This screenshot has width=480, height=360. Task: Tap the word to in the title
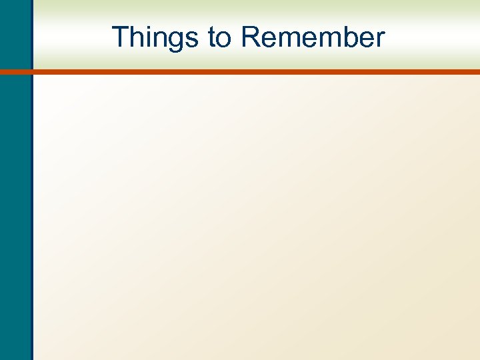tap(219, 37)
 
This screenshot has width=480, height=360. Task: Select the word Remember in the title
tap(313, 37)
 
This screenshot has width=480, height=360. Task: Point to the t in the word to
tap(211, 38)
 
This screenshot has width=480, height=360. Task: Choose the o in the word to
tap(223, 40)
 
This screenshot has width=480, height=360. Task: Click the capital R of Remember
tap(251, 37)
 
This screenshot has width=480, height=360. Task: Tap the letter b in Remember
tap(346, 37)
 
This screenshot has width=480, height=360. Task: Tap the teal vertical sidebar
tap(14, 200)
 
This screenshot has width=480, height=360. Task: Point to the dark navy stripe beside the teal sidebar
tap(31, 200)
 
